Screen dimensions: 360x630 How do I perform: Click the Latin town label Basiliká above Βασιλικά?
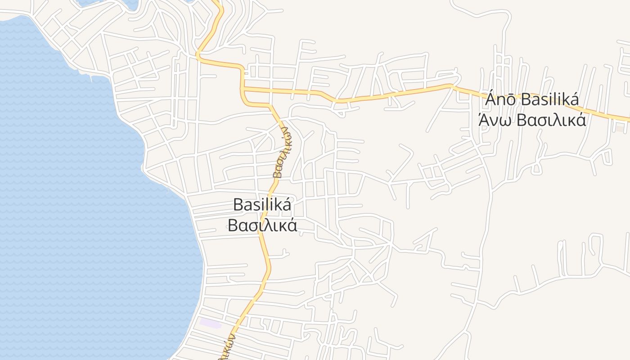pos(262,205)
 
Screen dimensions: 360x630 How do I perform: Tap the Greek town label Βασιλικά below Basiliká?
pos(262,225)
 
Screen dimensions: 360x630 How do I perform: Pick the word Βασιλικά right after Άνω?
pos(551,120)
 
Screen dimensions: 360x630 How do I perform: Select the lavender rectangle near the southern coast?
pos(210,323)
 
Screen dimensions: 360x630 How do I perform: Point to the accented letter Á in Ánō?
pos(491,99)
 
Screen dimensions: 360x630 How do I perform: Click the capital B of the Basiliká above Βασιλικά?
pos(238,205)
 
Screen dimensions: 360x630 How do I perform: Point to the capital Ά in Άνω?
pos(484,120)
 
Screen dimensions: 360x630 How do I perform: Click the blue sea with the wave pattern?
pos(81,202)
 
